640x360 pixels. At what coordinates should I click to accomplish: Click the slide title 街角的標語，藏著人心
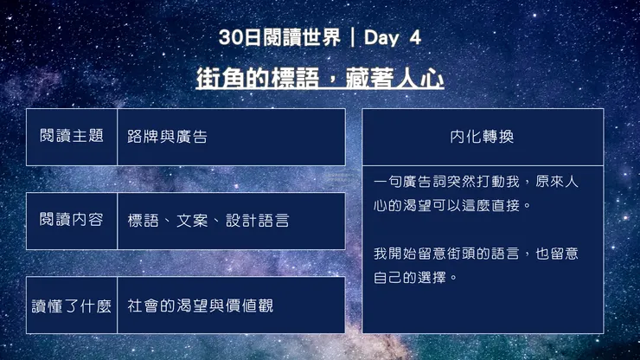click(320, 79)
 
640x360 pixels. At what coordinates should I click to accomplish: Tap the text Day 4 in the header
click(393, 37)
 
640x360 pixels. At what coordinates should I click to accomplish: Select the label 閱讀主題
click(72, 136)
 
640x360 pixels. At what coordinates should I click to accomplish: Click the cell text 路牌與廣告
click(167, 137)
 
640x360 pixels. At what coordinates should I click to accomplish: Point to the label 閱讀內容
click(72, 220)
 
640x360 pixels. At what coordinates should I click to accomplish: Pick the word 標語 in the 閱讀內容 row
click(143, 221)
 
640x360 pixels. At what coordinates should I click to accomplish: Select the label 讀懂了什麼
click(72, 305)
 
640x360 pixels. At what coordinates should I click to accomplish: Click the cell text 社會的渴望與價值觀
click(200, 305)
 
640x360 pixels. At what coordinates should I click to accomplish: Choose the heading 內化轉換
click(482, 137)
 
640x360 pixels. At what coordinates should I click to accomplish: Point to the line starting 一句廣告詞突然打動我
click(477, 183)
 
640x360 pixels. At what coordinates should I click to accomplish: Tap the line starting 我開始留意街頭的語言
click(477, 254)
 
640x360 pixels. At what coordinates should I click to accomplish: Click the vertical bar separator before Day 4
click(353, 37)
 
